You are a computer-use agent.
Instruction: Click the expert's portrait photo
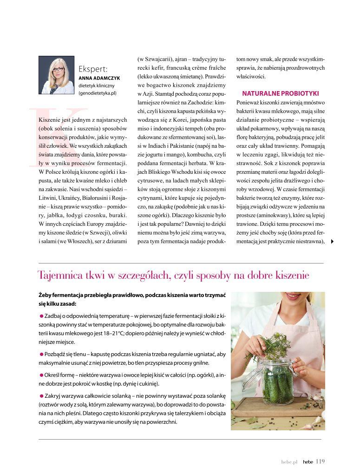[x=56, y=75]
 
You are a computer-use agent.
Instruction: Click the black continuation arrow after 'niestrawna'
[x=332, y=241]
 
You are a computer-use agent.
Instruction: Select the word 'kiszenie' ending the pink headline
[x=291, y=276]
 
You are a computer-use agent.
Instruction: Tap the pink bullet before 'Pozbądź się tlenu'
[x=41, y=354]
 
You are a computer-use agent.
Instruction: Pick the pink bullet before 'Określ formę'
[x=41, y=375]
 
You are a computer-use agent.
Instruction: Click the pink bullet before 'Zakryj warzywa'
[x=41, y=395]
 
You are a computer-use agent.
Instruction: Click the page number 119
[x=320, y=461]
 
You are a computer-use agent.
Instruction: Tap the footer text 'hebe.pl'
[x=288, y=462]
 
